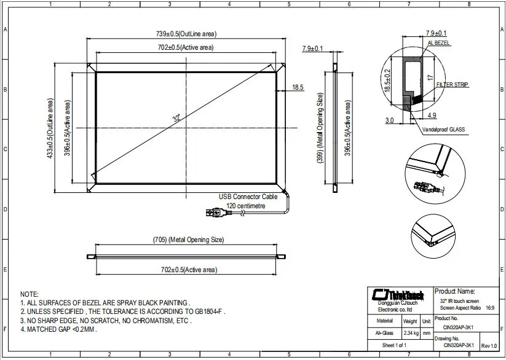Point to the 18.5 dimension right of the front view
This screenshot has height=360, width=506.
(298, 88)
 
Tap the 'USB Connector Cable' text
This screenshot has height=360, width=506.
(248, 197)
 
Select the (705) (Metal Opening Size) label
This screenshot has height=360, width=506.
(188, 240)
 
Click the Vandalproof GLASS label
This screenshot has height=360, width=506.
(443, 130)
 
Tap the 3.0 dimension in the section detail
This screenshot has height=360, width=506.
(389, 121)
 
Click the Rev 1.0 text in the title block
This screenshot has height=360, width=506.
(489, 346)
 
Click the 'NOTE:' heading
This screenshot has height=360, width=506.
(30, 295)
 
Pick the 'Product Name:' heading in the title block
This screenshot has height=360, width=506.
(454, 291)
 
